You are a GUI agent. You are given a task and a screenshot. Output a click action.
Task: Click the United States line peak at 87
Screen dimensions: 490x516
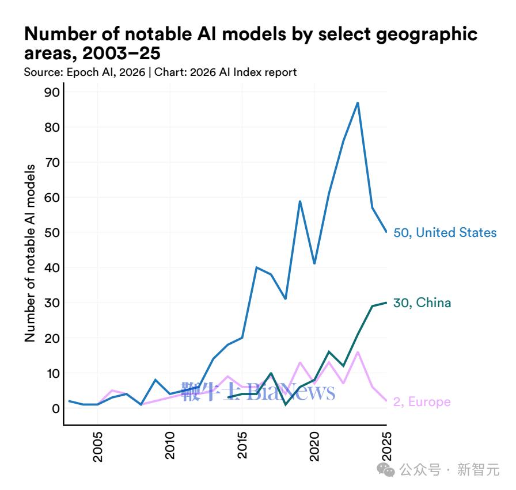click(x=358, y=103)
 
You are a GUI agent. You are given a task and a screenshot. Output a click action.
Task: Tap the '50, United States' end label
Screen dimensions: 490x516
click(x=445, y=232)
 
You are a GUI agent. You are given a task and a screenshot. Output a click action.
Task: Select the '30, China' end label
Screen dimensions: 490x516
click(x=422, y=303)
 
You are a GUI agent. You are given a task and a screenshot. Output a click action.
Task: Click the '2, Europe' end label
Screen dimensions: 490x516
click(x=422, y=401)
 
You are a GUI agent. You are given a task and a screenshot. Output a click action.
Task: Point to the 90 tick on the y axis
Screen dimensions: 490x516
click(x=52, y=92)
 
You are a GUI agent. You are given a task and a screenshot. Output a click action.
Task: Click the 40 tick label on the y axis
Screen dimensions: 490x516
click(x=52, y=267)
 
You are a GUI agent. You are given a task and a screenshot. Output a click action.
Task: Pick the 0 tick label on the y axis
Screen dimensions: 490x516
click(x=56, y=408)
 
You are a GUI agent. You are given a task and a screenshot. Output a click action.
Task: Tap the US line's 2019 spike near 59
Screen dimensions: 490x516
click(x=300, y=201)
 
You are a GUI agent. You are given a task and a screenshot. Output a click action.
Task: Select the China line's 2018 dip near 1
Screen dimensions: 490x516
click(x=286, y=405)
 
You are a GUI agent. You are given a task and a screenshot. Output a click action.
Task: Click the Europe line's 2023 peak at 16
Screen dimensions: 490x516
click(x=358, y=352)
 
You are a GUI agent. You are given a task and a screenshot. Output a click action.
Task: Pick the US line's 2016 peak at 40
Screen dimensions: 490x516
click(x=256, y=267)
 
